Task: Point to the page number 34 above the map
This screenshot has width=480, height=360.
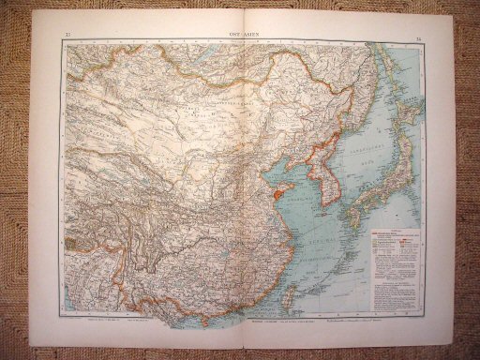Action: click(417, 35)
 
